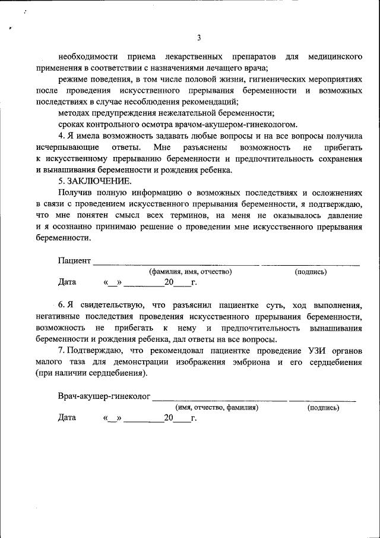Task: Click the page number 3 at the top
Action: (x=199, y=38)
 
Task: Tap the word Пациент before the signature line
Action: (x=74, y=260)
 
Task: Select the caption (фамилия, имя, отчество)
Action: (x=190, y=271)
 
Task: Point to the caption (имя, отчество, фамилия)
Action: (x=217, y=408)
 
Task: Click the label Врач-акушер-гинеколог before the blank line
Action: (x=104, y=397)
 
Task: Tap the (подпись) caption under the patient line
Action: (x=311, y=271)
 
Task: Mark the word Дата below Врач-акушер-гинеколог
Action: (x=67, y=418)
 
